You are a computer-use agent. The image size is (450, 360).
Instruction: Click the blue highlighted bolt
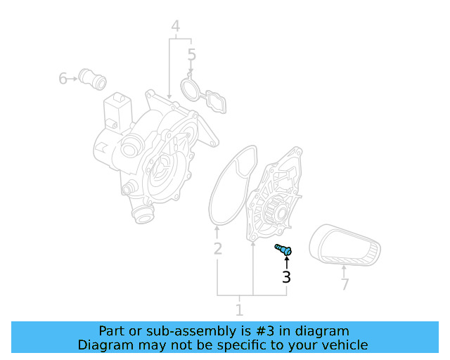tap(283, 249)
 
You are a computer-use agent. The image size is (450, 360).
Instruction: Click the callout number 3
tap(286, 277)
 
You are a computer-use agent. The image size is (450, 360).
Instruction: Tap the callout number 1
tap(239, 309)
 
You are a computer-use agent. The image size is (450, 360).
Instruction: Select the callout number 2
tap(218, 248)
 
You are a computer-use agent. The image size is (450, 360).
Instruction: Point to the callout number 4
tap(175, 27)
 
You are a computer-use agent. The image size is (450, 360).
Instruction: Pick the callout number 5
tap(191, 55)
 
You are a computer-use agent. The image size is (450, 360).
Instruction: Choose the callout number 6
tap(63, 79)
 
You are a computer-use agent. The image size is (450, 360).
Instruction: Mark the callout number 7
tap(345, 285)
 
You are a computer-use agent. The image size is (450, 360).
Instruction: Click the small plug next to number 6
tap(92, 79)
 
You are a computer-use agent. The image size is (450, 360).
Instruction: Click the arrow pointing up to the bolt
tap(286, 262)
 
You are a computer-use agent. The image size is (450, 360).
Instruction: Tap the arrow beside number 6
tap(73, 79)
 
